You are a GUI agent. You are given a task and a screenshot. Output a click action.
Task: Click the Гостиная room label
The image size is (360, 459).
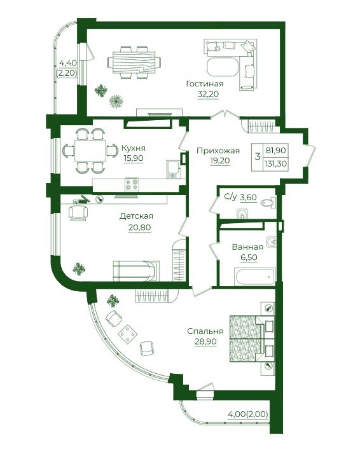point(205,84)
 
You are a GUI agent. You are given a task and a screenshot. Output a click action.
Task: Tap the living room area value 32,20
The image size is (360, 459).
point(208,94)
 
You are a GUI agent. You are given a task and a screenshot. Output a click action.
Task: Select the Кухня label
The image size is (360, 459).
point(134,148)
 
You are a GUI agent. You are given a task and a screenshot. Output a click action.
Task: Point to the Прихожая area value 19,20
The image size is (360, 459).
point(220,160)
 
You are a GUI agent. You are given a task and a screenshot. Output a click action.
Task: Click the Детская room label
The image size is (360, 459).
point(136,216)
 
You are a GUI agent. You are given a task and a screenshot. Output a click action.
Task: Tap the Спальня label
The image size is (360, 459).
point(205,331)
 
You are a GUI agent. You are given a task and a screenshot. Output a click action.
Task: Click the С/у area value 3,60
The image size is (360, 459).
point(248,197)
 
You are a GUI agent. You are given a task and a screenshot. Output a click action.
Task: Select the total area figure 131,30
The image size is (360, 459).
point(275,163)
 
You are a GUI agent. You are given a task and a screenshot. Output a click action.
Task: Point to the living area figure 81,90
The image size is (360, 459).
point(275,151)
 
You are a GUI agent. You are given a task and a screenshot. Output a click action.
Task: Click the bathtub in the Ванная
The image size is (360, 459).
point(255,276)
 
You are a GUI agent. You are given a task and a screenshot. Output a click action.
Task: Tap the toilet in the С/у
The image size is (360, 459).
point(268,203)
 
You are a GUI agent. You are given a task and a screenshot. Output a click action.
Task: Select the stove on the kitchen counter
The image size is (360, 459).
point(132,184)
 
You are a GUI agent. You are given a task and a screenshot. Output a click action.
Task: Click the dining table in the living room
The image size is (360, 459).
point(134,62)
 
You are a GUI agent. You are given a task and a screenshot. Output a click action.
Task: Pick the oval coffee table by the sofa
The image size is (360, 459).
point(223,67)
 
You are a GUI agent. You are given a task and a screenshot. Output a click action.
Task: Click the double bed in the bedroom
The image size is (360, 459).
point(252,338)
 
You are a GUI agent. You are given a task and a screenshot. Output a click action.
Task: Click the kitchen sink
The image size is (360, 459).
point(173,170)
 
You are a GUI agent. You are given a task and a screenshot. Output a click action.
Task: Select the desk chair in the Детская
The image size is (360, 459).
point(78,212)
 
